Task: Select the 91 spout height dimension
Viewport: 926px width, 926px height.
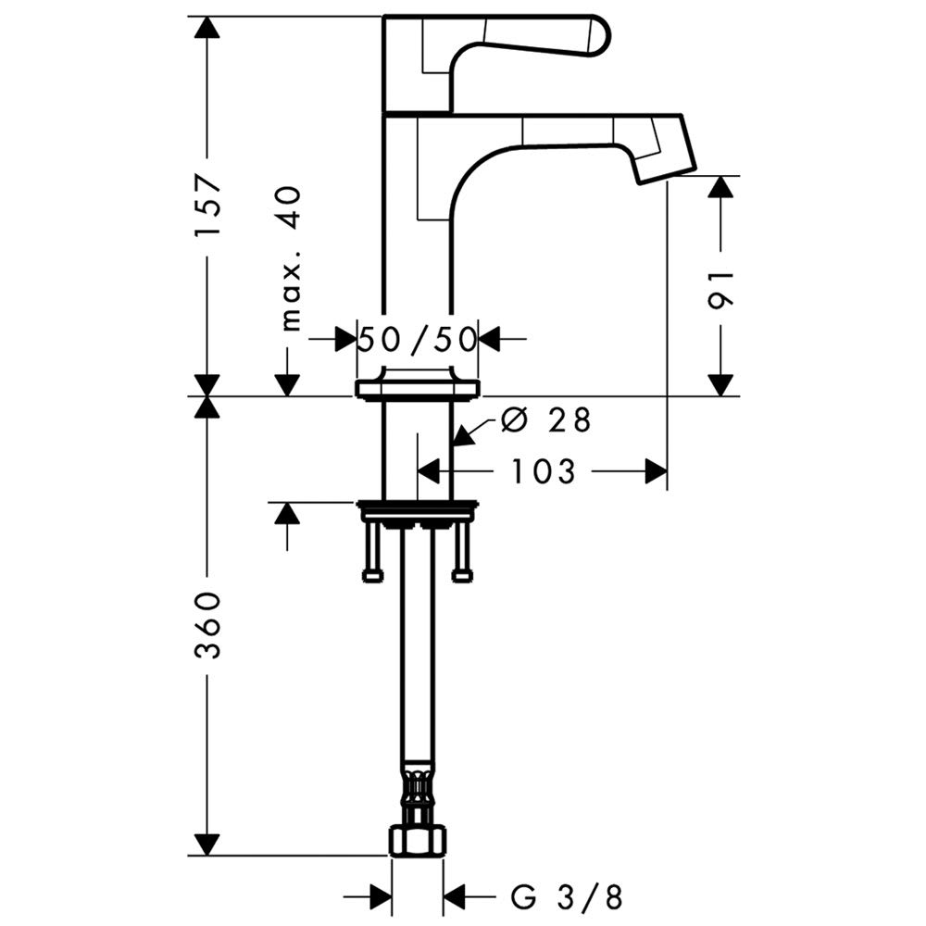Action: [721, 288]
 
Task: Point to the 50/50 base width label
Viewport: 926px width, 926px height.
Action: [418, 339]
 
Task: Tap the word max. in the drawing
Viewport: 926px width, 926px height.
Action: [291, 295]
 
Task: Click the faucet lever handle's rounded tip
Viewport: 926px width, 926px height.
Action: [597, 35]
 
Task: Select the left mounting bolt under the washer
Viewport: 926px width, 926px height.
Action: [372, 552]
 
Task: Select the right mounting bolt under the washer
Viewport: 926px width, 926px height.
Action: [461, 552]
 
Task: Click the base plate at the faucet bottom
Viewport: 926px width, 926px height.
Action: [417, 388]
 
